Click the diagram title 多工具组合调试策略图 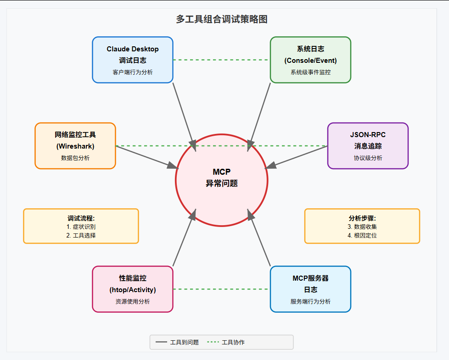point(222,19)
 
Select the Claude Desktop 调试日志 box point(133,60)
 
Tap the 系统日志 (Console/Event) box point(310,60)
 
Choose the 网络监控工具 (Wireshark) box point(75,146)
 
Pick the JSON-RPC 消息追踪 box point(368,146)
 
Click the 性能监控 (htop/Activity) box point(133,289)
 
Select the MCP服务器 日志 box point(310,289)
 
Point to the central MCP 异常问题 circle point(222,180)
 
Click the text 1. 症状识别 point(81,227)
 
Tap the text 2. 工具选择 point(81,235)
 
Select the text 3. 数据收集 point(362,227)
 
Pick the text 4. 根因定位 point(362,235)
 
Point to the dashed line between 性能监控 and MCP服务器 point(222,289)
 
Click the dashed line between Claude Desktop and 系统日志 point(222,60)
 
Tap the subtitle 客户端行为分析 point(133,72)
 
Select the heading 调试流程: point(81,218)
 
